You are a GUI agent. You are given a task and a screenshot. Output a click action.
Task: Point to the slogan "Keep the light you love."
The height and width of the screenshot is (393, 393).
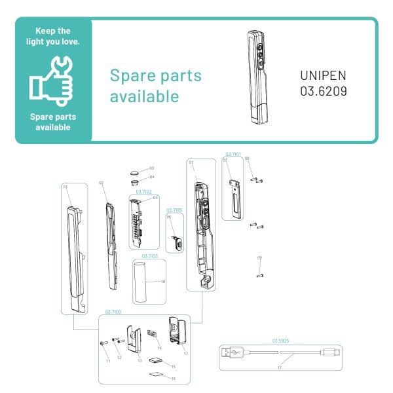(53, 37)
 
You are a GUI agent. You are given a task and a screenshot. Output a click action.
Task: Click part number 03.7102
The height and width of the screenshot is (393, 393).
(143, 192)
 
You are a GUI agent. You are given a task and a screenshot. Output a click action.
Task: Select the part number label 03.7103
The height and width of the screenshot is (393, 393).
(150, 256)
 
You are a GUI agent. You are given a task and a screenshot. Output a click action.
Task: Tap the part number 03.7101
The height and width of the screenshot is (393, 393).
(233, 153)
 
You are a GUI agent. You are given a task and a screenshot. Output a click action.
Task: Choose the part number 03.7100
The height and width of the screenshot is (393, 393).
(114, 312)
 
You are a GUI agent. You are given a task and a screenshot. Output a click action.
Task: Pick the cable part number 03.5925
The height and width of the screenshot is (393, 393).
(280, 341)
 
